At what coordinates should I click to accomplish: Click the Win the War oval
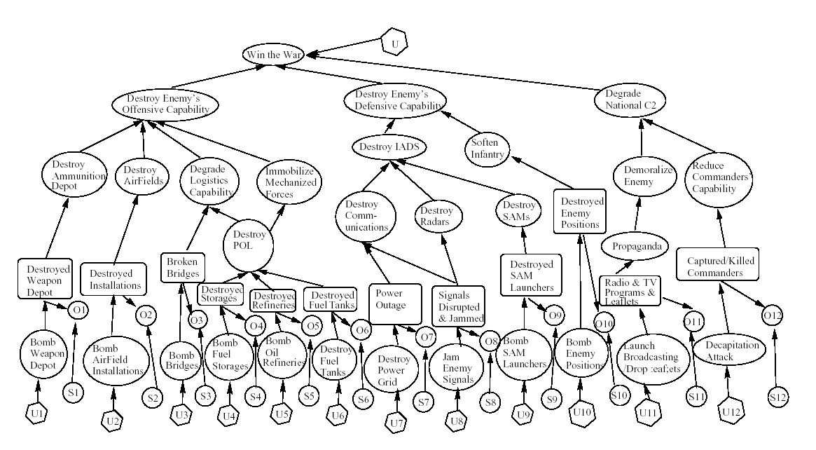click(267, 54)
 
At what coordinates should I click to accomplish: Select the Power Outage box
click(395, 303)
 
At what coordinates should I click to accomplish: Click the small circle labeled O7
click(425, 337)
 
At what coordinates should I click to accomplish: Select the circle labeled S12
click(778, 398)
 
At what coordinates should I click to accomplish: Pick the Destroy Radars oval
click(438, 216)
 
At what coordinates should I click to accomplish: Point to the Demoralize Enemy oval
click(638, 176)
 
